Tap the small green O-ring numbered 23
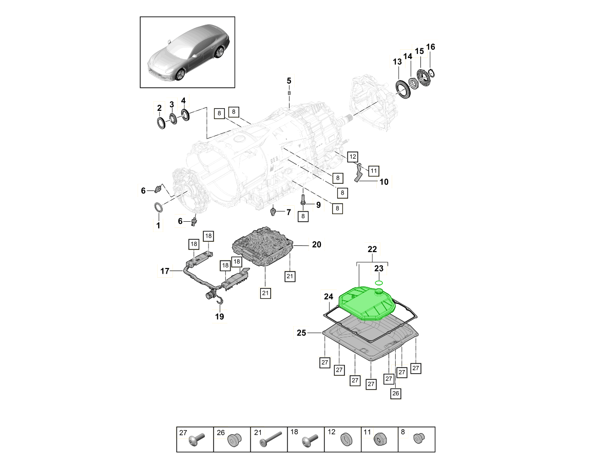379,282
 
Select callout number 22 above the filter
372,249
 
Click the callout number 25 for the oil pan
301,333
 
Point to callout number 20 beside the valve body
316,245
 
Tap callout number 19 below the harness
219,317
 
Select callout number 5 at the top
289,81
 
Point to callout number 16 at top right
431,47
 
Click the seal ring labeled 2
161,123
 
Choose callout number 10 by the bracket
384,182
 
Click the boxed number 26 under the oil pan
395,393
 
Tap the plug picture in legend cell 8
418,438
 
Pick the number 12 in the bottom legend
331,433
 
